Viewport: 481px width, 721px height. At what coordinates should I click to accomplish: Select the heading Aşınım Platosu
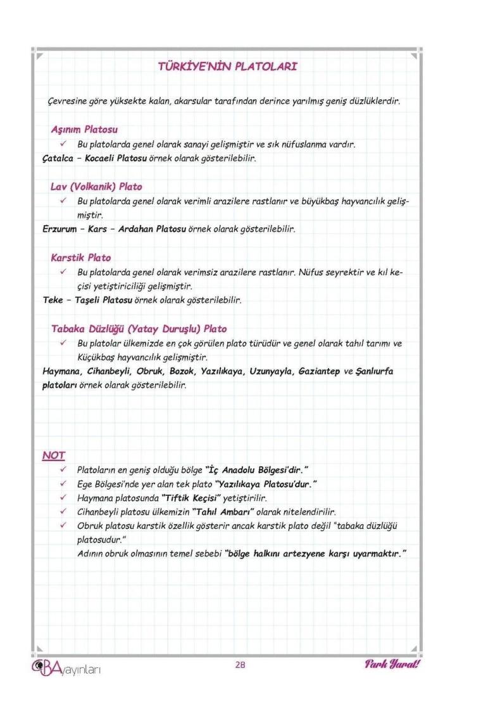[84, 130]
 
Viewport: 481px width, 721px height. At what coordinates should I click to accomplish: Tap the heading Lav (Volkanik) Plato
[96, 187]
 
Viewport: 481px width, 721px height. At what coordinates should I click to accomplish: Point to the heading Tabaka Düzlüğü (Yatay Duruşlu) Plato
[139, 329]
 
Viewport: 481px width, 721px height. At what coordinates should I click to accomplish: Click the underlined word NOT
[54, 455]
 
